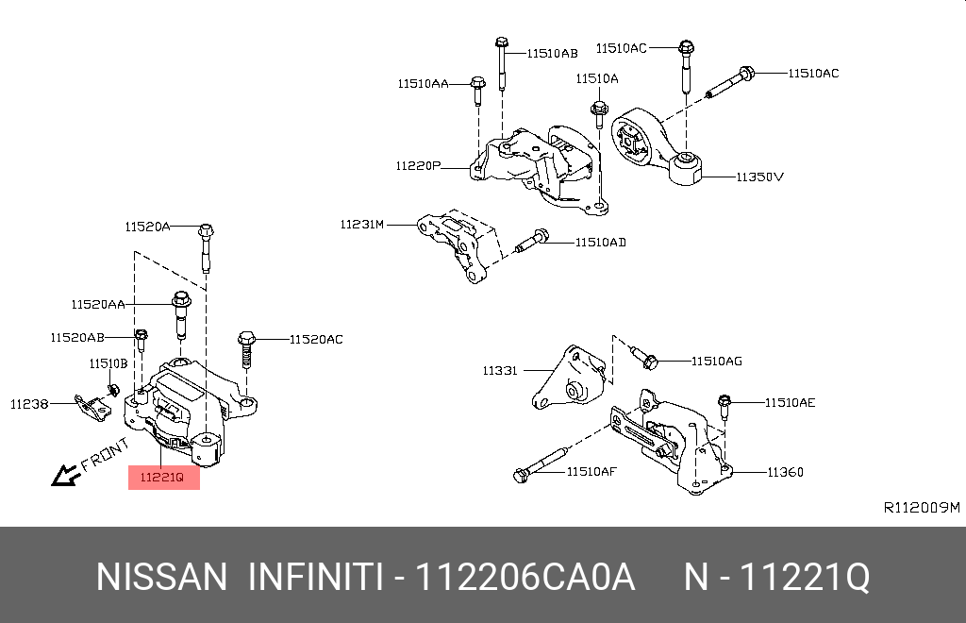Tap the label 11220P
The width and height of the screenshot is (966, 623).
pyautogui.click(x=418, y=166)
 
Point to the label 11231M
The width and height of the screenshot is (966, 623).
pyautogui.click(x=362, y=225)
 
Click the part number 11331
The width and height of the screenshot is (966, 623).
pyautogui.click(x=499, y=371)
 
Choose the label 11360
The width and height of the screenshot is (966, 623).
pyautogui.click(x=785, y=472)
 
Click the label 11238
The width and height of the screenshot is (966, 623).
pyautogui.click(x=29, y=403)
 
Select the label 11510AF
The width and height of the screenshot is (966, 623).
pyautogui.click(x=591, y=471)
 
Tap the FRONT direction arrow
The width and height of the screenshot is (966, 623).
pyautogui.click(x=66, y=475)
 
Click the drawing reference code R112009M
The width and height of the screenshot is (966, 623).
pyautogui.click(x=921, y=508)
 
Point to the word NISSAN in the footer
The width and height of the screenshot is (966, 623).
pyautogui.click(x=161, y=577)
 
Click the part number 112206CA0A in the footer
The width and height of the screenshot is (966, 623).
pyautogui.click(x=525, y=577)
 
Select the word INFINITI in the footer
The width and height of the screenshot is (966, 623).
pyautogui.click(x=315, y=577)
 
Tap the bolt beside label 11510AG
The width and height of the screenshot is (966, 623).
pyautogui.click(x=644, y=358)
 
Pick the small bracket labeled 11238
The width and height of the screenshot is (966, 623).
pyautogui.click(x=92, y=407)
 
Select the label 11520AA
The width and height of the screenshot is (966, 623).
pyautogui.click(x=97, y=304)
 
